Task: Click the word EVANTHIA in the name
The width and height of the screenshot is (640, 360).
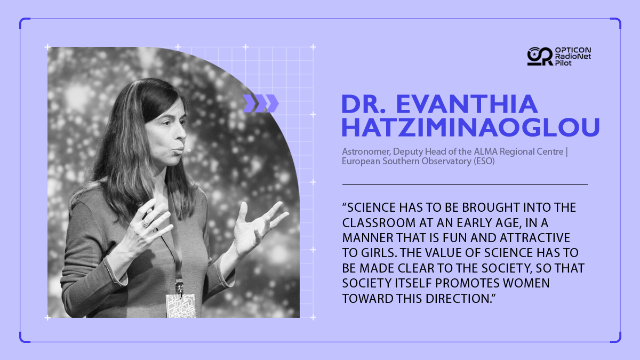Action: pos(467,105)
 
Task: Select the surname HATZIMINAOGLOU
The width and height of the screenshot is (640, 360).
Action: pos(470,127)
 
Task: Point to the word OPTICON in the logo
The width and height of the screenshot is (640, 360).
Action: pos(573,50)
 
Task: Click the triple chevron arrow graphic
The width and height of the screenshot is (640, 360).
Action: pos(261,103)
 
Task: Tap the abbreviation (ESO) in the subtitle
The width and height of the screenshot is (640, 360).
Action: pos(484,161)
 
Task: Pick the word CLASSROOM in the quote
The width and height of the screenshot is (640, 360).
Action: pos(379,223)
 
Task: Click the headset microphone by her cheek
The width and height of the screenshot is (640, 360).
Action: pos(187,149)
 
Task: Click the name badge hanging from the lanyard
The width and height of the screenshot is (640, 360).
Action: pos(181,306)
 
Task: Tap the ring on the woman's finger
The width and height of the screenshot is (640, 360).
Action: pos(146,223)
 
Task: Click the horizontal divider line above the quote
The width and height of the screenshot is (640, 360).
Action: pos(465,185)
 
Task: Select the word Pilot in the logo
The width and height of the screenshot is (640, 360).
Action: pos(563,63)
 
